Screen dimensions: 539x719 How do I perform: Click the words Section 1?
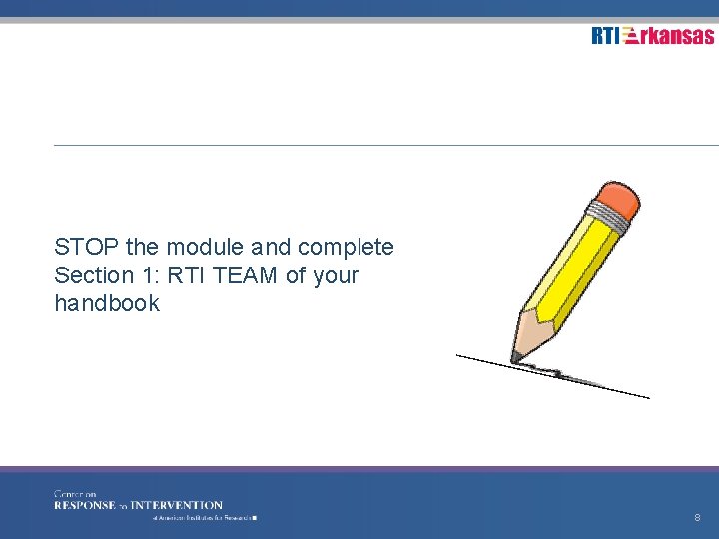tap(95, 275)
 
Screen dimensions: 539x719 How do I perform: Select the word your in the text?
tap(335, 275)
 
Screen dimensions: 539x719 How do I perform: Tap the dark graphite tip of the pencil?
tap(516, 355)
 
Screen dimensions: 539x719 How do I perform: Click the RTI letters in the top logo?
tap(604, 36)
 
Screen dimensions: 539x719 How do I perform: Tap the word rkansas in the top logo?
tap(678, 36)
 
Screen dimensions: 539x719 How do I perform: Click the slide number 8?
tap(697, 518)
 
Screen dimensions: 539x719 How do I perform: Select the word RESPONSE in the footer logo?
tap(85, 505)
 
